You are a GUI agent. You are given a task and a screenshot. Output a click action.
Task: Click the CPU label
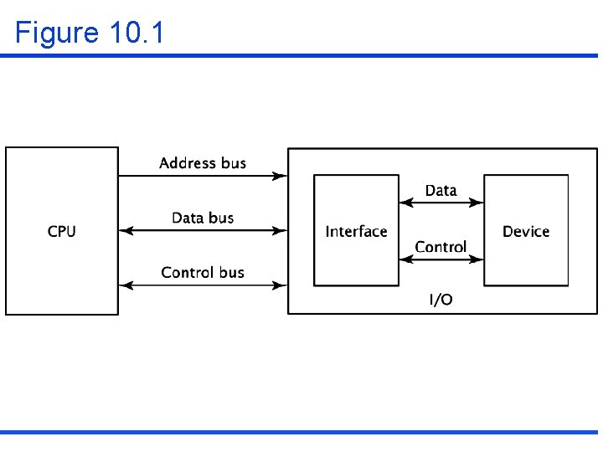pyautogui.click(x=61, y=231)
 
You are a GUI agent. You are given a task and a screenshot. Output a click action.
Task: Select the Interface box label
pyautogui.click(x=356, y=231)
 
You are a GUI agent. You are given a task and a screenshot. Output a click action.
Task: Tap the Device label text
pyautogui.click(x=526, y=231)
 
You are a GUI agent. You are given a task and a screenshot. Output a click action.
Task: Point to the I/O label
pyautogui.click(x=441, y=300)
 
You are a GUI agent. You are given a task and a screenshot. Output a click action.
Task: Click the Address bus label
pyautogui.click(x=203, y=163)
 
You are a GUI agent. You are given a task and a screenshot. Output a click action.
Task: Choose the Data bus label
pyautogui.click(x=203, y=218)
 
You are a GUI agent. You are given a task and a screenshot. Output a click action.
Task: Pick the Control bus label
pyautogui.click(x=203, y=272)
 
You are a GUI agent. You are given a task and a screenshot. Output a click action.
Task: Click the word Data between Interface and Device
pyautogui.click(x=441, y=191)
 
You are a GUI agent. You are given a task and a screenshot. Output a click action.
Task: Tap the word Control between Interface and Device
pyautogui.click(x=441, y=247)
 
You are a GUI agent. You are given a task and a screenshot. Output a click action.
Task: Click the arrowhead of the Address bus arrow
pyautogui.click(x=281, y=176)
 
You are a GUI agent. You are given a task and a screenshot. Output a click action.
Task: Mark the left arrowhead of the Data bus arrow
pyautogui.click(x=126, y=230)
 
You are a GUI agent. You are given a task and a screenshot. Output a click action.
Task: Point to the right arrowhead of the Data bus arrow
pyautogui.click(x=281, y=230)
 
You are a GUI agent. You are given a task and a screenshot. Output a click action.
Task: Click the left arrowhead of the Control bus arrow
pyautogui.click(x=126, y=285)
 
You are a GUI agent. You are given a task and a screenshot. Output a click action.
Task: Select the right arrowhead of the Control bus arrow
pyautogui.click(x=281, y=285)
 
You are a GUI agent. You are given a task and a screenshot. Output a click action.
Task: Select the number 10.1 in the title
pyautogui.click(x=137, y=33)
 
